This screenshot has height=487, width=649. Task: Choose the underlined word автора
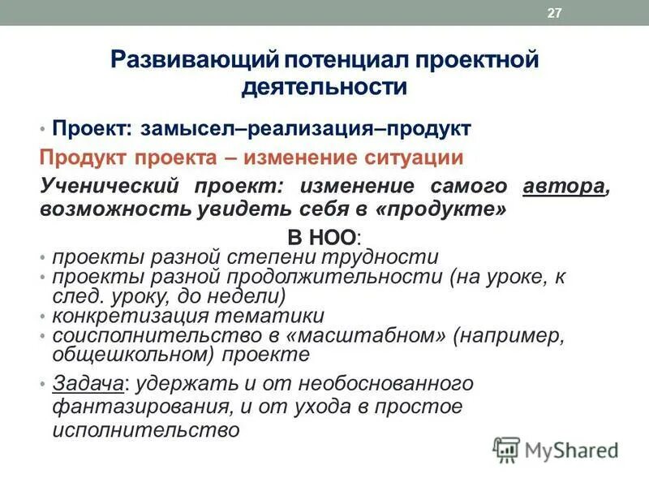pyautogui.click(x=564, y=185)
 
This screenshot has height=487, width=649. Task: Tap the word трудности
pyautogui.click(x=385, y=257)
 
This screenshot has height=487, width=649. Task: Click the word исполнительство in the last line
pyautogui.click(x=146, y=429)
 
